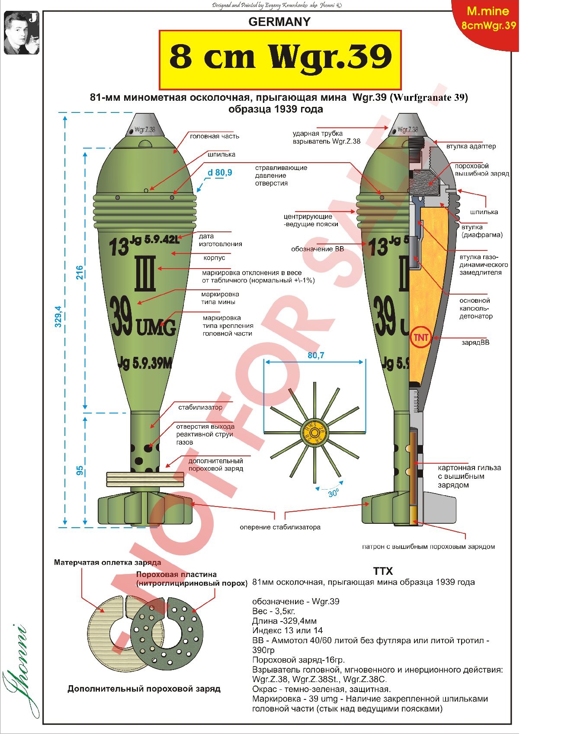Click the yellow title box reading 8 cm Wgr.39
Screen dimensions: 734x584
(280, 60)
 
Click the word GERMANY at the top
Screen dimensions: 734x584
(279, 22)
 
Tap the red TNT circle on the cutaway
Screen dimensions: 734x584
(420, 337)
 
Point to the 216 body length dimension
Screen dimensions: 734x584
(80, 272)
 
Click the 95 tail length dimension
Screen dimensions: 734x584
(80, 471)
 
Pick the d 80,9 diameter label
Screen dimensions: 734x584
(220, 173)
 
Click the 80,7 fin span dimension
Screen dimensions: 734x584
(315, 355)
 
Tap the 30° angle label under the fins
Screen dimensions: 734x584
(333, 493)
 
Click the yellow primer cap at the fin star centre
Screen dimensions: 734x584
(314, 433)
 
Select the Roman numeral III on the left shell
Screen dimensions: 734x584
(145, 274)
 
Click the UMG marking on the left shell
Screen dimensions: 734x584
(156, 327)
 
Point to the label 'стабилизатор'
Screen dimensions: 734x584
(200, 407)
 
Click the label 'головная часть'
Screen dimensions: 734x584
(215, 136)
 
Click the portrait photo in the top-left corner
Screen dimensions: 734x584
(21, 33)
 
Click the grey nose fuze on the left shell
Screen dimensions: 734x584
(145, 125)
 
